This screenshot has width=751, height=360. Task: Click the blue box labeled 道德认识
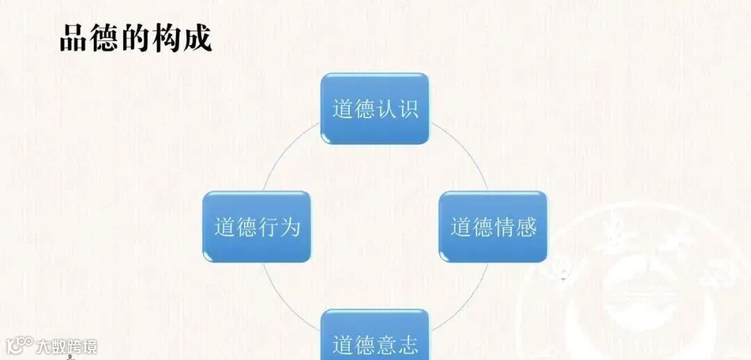[x=374, y=108]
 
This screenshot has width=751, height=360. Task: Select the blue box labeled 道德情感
[x=492, y=227]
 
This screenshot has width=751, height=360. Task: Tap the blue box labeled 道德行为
[x=257, y=227]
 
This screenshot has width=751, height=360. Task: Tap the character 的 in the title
[x=135, y=39]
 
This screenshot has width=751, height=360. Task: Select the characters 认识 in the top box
[x=397, y=109]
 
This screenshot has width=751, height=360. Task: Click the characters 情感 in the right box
[x=515, y=227]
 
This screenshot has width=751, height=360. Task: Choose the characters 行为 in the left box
[x=280, y=227]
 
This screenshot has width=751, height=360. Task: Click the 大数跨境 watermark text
[x=67, y=345]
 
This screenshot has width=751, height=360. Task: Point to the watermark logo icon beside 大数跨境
[x=19, y=345]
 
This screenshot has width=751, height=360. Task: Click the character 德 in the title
[x=104, y=39]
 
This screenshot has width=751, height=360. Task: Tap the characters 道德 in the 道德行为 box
[x=235, y=227]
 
